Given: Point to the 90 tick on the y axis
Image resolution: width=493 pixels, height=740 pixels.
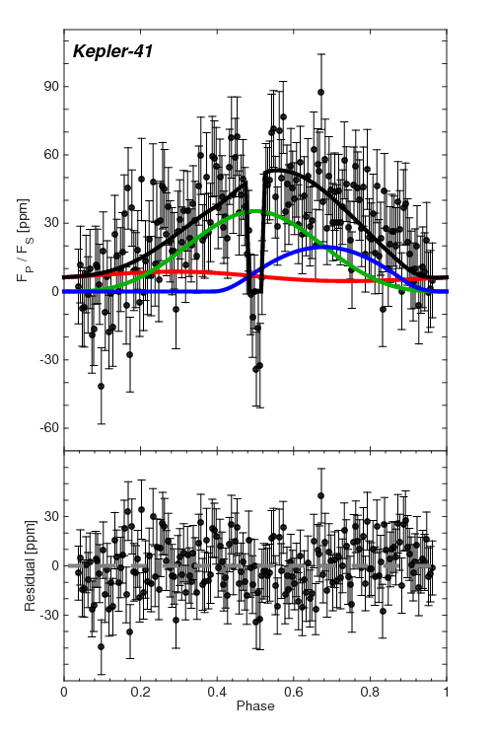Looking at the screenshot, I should coord(46,86).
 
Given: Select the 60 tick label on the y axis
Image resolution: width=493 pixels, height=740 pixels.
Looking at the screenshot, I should coord(46,154).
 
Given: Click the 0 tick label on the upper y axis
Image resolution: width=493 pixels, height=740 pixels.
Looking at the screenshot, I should coord(50,291).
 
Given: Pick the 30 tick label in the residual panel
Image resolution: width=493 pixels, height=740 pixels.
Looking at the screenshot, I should coord(46,516).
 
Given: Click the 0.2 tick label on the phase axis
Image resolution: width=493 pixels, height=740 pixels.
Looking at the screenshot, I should coord(140,694).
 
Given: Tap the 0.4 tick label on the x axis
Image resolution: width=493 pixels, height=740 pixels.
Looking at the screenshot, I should coord(217,694).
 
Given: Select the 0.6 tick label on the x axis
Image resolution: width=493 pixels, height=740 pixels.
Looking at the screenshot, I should coord(294,694).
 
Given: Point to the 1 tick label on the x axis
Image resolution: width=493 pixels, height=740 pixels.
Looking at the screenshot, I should coord(447,694).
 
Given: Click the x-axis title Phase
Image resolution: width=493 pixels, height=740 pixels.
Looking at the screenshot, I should coord(254,707).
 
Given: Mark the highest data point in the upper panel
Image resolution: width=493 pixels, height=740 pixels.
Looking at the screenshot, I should coord(321,92).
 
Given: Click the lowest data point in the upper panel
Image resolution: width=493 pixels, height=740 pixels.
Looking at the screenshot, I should coord(101,386).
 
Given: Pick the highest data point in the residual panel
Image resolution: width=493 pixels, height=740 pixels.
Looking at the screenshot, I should coord(321,495).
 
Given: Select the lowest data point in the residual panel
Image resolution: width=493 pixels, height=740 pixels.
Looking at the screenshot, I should coord(101,646).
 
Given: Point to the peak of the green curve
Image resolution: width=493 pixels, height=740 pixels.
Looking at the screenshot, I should coord(255,211).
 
